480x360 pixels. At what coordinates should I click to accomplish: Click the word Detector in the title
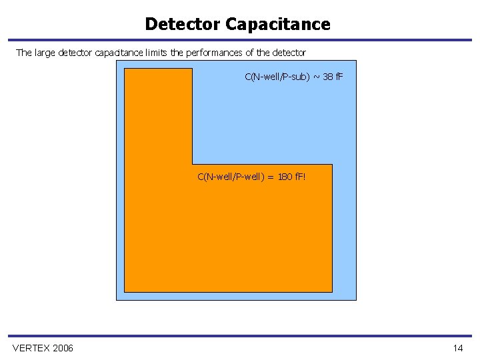click(x=183, y=25)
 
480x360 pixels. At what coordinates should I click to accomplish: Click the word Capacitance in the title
click(x=278, y=25)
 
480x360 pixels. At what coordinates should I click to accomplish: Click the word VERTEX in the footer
click(x=31, y=348)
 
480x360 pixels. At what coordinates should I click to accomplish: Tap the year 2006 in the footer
click(x=62, y=348)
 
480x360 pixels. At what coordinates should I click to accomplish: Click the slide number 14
click(x=457, y=348)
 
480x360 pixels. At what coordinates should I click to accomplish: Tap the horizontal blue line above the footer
click(x=240, y=336)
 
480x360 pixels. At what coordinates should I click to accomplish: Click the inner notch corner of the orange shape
click(x=193, y=164)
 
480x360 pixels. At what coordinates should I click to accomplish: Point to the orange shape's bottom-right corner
click(x=331, y=291)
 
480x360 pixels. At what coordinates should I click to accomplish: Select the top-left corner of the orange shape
click(x=125, y=69)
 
